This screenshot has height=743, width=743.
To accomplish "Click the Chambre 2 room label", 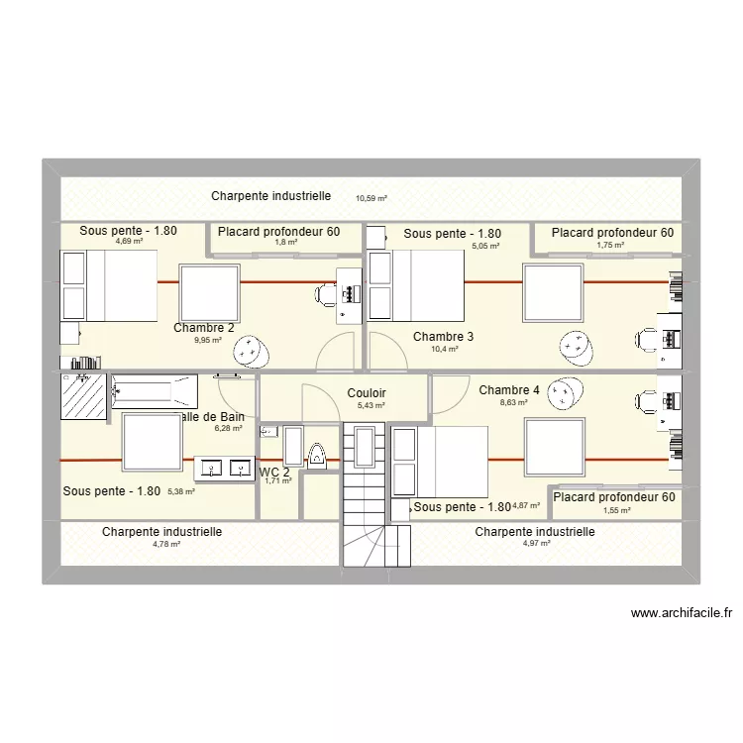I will pyautogui.click(x=204, y=328).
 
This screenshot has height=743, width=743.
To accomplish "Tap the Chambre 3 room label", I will pyautogui.click(x=443, y=337).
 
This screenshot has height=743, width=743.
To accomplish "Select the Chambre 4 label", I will pyautogui.click(x=509, y=390).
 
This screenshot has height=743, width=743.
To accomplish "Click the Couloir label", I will pyautogui.click(x=367, y=393).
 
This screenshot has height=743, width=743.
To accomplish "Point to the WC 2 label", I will pyautogui.click(x=274, y=473).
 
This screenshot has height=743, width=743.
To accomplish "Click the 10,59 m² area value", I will pyautogui.click(x=371, y=198).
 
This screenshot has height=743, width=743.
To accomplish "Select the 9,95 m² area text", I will pyautogui.click(x=208, y=341).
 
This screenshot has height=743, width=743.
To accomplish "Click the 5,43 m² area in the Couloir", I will pyautogui.click(x=371, y=406).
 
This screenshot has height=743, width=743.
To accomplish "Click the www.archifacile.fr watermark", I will pyautogui.click(x=680, y=614).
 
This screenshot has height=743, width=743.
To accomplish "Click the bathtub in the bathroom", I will pyautogui.click(x=154, y=390).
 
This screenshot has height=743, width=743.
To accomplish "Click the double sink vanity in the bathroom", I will pyautogui.click(x=226, y=467).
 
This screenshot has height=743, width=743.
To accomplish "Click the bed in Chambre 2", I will pyautogui.click(x=109, y=285).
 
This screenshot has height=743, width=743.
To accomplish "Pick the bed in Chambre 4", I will pyautogui.click(x=440, y=462).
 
